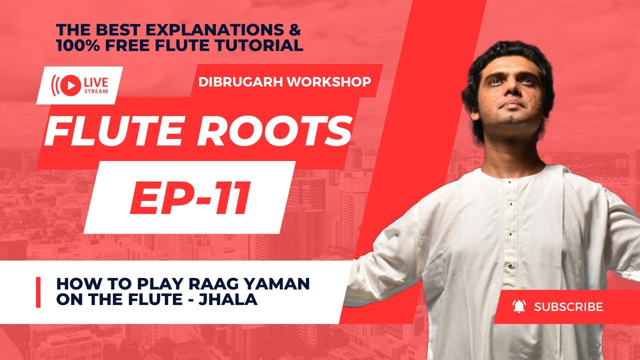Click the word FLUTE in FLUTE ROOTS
(x=112, y=131)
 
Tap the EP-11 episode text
(x=189, y=197)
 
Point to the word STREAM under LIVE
(x=98, y=91)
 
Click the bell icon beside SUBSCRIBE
(x=518, y=306)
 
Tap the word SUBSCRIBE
(x=568, y=306)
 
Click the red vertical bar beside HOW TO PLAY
(x=38, y=292)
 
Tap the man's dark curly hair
(x=505, y=55)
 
